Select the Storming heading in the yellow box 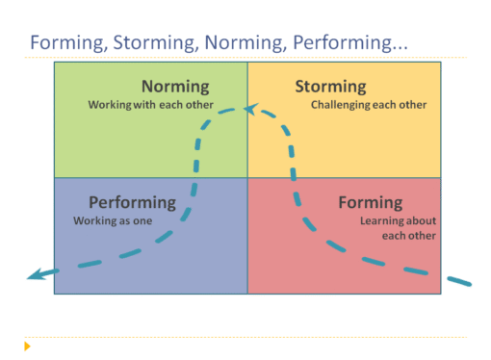[x=330, y=87]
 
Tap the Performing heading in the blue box [x=132, y=203]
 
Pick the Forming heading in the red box [x=370, y=203]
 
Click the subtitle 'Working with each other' [x=150, y=104]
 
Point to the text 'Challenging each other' [x=369, y=104]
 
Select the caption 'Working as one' [x=111, y=220]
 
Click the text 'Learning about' [x=398, y=220]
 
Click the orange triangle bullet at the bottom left [x=28, y=345]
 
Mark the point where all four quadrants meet [x=247, y=178]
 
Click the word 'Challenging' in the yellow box [x=339, y=104]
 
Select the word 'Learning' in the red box [x=381, y=220]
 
